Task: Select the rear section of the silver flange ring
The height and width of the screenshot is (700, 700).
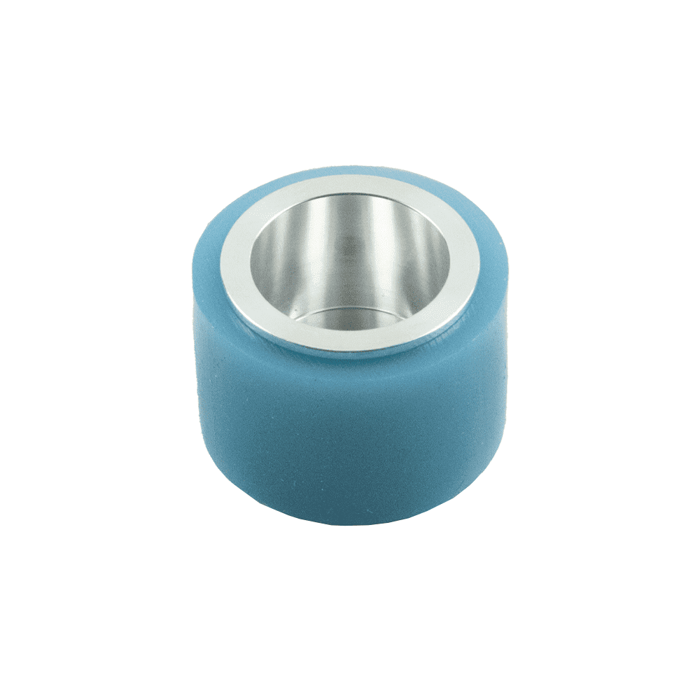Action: pos(350,183)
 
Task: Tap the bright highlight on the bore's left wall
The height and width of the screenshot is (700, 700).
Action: pos(276,259)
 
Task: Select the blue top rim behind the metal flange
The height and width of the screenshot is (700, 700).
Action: pos(350,170)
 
